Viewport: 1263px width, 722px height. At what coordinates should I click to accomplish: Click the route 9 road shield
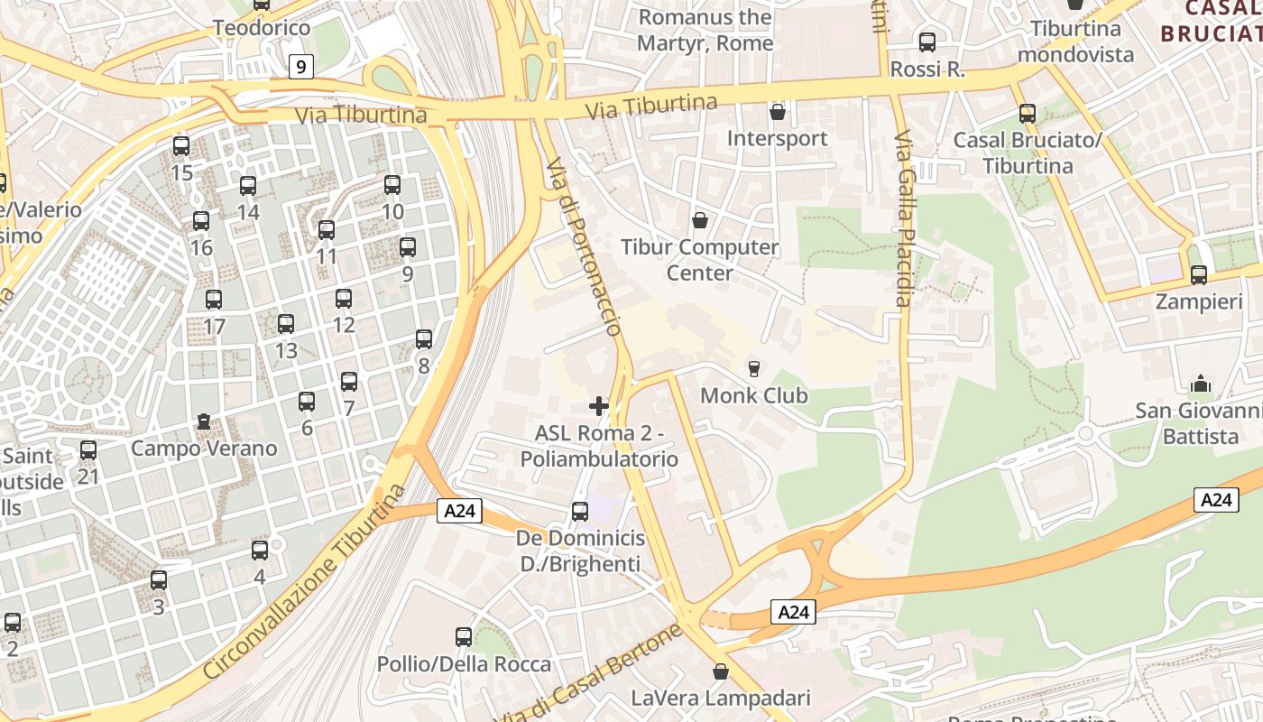tap(301, 67)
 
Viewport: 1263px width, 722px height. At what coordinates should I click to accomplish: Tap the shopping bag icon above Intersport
tap(777, 112)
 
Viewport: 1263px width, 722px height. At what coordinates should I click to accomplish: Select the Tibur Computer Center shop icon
tap(699, 220)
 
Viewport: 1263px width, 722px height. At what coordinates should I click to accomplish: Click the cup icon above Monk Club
tap(753, 368)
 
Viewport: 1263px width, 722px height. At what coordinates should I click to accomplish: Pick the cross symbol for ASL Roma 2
tap(598, 406)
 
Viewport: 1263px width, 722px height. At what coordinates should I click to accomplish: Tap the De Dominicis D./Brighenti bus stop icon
tap(580, 512)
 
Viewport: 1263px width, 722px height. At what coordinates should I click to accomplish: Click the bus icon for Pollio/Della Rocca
tap(464, 637)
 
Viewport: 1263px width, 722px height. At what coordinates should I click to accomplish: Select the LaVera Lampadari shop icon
tap(720, 671)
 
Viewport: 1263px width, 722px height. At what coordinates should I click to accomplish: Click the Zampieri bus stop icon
tap(1198, 275)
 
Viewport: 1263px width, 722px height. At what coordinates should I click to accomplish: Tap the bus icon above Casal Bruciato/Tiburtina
tap(1027, 114)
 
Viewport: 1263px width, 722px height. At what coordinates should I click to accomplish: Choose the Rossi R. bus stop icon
tap(927, 42)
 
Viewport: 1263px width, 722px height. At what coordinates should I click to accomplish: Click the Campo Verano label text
tap(204, 449)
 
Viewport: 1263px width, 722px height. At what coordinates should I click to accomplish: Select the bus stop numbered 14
tap(248, 186)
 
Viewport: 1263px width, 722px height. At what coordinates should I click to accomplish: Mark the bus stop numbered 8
tap(424, 339)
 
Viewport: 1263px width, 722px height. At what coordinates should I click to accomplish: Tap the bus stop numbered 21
tap(88, 449)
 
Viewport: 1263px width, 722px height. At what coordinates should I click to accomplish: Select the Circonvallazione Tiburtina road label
tap(305, 582)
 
